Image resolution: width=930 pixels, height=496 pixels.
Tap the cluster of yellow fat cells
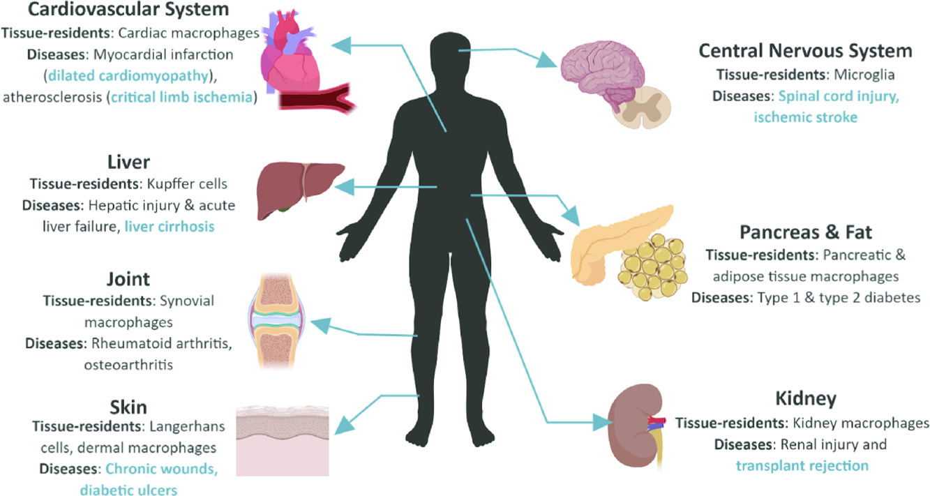[652, 262]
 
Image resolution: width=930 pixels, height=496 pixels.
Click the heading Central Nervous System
[805, 51]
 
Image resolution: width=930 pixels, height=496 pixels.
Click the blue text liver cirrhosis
[170, 227]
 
